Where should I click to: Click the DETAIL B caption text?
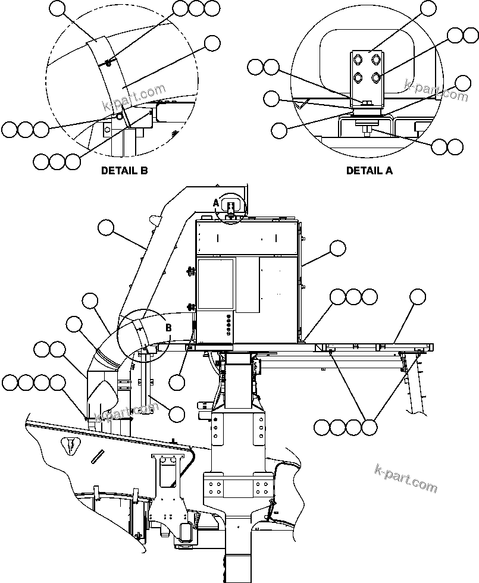click(124, 171)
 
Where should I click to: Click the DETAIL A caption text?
click(370, 171)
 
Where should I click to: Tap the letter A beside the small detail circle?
click(217, 203)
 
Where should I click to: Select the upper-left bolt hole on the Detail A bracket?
click(357, 59)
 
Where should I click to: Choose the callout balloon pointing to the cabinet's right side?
click(337, 247)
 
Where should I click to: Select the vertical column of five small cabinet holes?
click(228, 326)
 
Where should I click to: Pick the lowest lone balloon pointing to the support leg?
click(177, 413)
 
